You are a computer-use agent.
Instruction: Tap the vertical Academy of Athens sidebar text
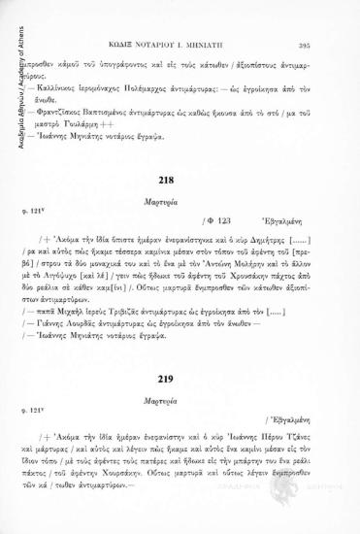pyautogui.click(x=9, y=68)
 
